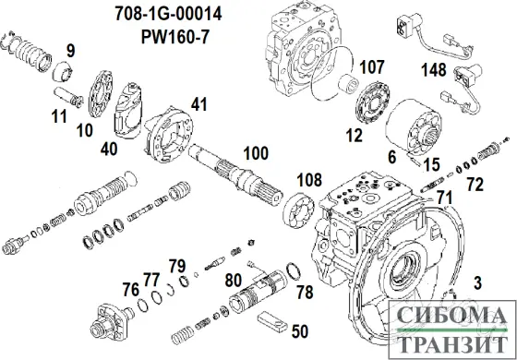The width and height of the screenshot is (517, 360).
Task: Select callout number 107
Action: coord(371,66)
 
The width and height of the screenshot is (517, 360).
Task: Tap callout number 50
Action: coord(300,330)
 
